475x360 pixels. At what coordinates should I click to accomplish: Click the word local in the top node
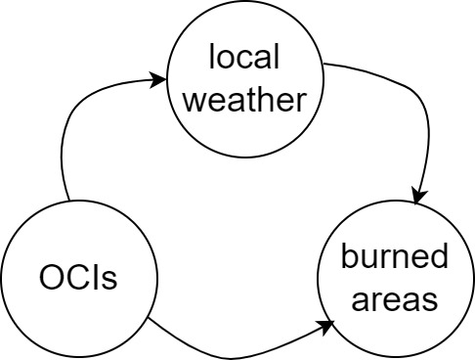[x=243, y=58]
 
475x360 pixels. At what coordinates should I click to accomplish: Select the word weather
[x=243, y=100]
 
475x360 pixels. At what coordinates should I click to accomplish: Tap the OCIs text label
[x=78, y=279]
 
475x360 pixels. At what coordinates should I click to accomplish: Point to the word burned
[x=395, y=258]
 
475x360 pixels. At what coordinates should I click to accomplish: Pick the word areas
[x=395, y=299]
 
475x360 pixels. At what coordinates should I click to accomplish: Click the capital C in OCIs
[x=78, y=279]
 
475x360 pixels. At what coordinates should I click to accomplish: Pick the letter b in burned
[x=349, y=258]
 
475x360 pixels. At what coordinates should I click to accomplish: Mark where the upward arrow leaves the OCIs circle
[x=65, y=201]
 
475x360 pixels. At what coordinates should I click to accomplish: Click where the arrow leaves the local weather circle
[x=324, y=66]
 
